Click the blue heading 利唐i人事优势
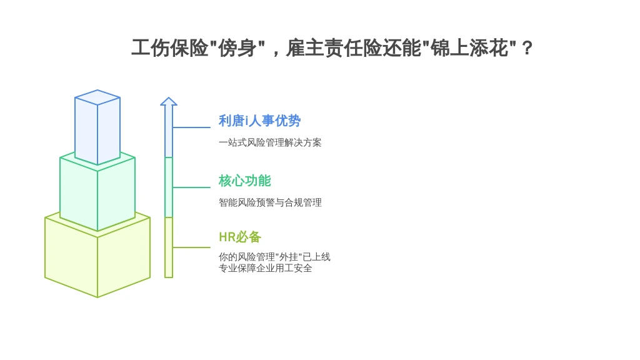[x=259, y=121]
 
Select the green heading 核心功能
[x=244, y=181]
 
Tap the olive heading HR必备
[x=239, y=237]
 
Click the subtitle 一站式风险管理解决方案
[x=270, y=142]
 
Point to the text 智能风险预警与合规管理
[x=270, y=202]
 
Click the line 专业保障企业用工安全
[x=265, y=268]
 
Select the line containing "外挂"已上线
[x=274, y=257]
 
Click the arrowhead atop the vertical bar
[x=169, y=102]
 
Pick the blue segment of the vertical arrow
[x=169, y=131]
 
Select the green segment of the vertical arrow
[x=169, y=187]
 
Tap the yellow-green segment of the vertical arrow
[x=169, y=247]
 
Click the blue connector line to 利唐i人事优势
[x=191, y=127]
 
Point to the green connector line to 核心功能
[x=191, y=187]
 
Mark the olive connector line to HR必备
[x=191, y=247]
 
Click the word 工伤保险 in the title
[x=169, y=48]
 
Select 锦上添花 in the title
[x=469, y=48]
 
